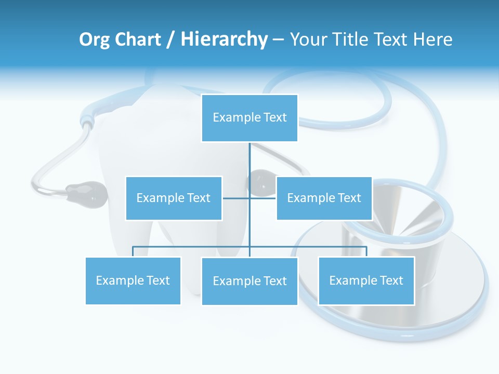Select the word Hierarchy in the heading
[x=224, y=39]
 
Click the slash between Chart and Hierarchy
[x=170, y=40]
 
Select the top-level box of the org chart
[x=249, y=118]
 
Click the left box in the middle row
[x=174, y=198]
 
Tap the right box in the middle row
[x=324, y=198]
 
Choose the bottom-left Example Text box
[x=133, y=280]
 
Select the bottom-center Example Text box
[x=249, y=281]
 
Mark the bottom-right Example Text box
[x=366, y=280]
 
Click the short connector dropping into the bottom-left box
[x=133, y=251]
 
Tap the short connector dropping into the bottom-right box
[x=366, y=251]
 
